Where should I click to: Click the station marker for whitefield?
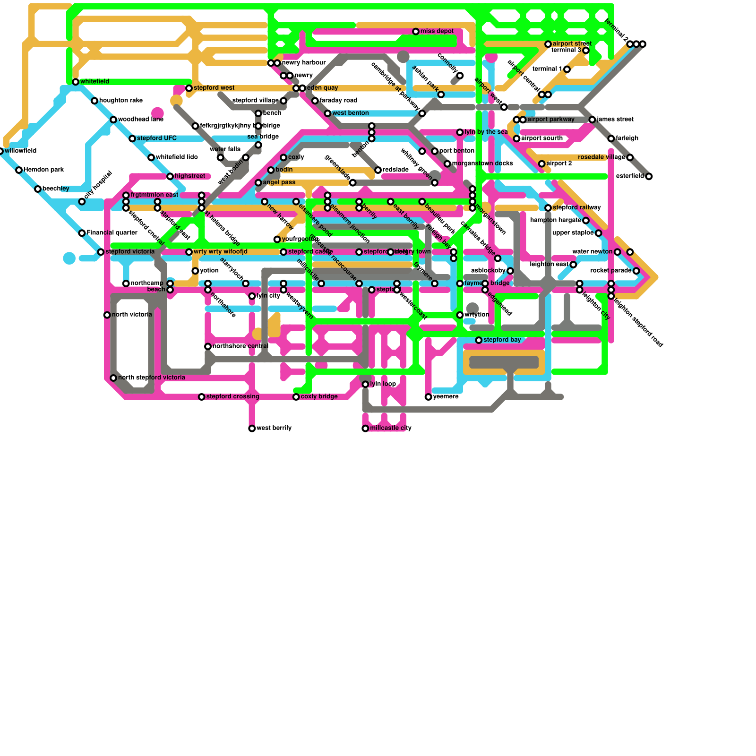[x=76, y=82]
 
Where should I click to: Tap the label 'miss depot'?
[x=437, y=31]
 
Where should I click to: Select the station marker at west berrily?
[x=252, y=429]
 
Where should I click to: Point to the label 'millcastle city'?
[x=391, y=428]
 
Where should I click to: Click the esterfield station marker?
[x=649, y=176]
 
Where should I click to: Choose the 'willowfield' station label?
[x=21, y=151]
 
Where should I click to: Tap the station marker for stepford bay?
[x=479, y=340]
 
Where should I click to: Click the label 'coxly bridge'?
[x=319, y=396]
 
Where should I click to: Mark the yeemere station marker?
[x=428, y=397]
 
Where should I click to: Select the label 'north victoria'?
[x=132, y=315]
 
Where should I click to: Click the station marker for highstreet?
[x=170, y=176]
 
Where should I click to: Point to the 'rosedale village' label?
[x=601, y=157]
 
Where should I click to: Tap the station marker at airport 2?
[x=541, y=164]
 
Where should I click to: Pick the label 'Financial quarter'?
[x=112, y=233]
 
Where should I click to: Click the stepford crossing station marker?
[x=201, y=397]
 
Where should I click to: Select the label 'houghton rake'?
[x=121, y=101]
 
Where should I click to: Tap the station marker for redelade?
[x=378, y=170]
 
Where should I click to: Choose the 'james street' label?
[x=615, y=120]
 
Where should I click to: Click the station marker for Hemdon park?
[x=19, y=170]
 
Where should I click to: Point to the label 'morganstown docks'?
[x=482, y=163]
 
